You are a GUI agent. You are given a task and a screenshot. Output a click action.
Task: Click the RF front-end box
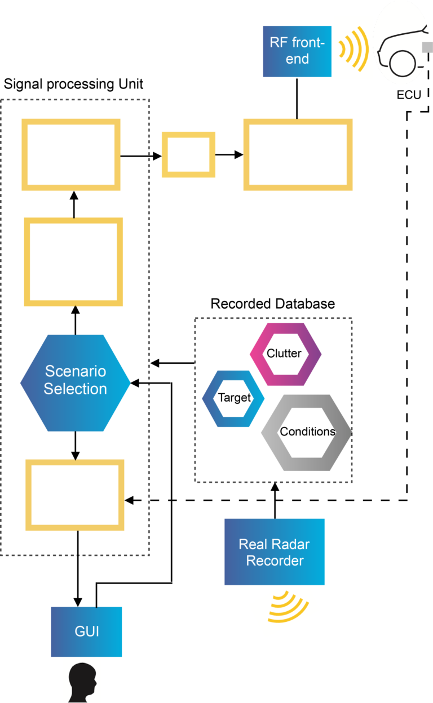pos(297,51)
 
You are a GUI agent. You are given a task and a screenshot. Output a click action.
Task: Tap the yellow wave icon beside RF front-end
pos(354,47)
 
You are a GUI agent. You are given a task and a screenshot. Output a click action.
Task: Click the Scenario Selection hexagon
pos(75,383)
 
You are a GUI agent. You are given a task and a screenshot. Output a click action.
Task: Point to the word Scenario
pos(76,371)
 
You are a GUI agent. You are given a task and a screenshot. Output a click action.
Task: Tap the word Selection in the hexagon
pos(76,389)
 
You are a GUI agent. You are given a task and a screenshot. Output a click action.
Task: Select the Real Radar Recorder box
pos(275,552)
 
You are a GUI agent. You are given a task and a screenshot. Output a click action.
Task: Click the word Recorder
pos(275,561)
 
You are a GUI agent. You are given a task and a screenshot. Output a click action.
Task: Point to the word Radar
pos(291,544)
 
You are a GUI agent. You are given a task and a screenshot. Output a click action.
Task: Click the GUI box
pos(86,631)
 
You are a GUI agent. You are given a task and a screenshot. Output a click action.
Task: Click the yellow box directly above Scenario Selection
pos(73,221)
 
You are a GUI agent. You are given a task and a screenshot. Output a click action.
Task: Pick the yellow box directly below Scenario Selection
pos(74,463)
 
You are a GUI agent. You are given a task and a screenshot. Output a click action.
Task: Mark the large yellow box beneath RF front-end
pos(298,122)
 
